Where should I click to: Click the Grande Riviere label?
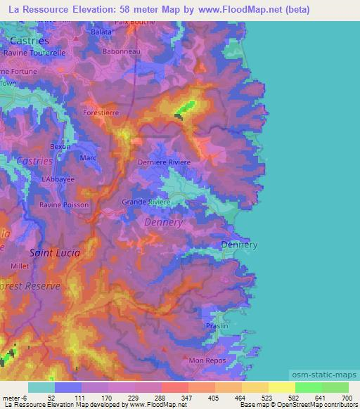[146, 202]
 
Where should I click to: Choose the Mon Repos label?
[204, 360]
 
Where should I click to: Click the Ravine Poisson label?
[64, 204]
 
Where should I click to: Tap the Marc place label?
[89, 158]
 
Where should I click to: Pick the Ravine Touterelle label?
[34, 53]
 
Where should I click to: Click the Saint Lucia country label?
[54, 252]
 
